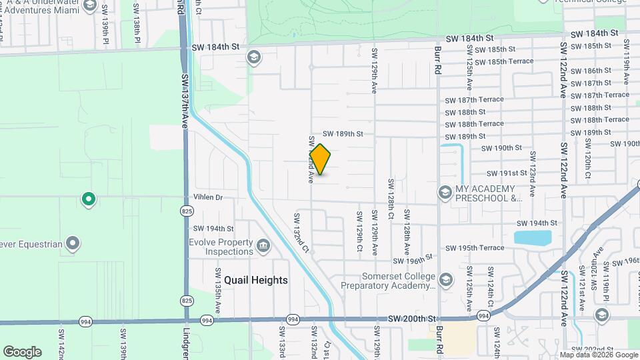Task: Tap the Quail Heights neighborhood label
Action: click(x=256, y=280)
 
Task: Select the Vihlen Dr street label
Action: click(x=207, y=197)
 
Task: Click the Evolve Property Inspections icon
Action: click(x=263, y=247)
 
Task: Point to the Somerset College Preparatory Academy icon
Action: click(x=445, y=279)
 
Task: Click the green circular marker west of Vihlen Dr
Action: click(x=87, y=199)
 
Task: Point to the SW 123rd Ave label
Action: click(x=533, y=173)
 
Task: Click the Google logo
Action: click(x=22, y=351)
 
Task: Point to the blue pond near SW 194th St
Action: click(x=533, y=237)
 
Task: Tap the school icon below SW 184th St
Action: click(x=253, y=57)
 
